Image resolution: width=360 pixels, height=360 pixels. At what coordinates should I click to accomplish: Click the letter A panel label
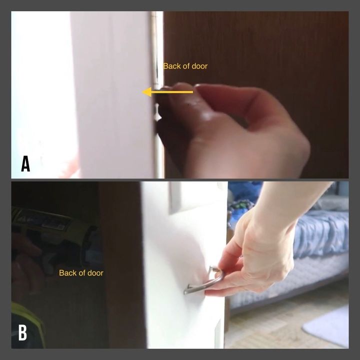25,163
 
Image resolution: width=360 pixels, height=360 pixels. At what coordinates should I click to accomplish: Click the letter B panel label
22,332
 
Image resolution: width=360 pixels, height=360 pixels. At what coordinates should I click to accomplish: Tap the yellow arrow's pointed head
147,92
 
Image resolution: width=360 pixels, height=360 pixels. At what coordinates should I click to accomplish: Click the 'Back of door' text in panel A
185,66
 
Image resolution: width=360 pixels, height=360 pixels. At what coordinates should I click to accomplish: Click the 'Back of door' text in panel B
81,273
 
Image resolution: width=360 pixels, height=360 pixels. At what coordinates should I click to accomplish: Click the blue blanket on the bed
321,232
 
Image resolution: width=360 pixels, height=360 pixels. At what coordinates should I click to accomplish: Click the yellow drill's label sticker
41,221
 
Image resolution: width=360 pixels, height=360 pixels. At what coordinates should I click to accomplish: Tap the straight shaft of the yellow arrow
172,92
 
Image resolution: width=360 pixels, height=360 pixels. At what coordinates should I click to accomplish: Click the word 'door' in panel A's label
199,66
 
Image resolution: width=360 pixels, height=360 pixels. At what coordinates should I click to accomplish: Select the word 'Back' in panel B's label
66,273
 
